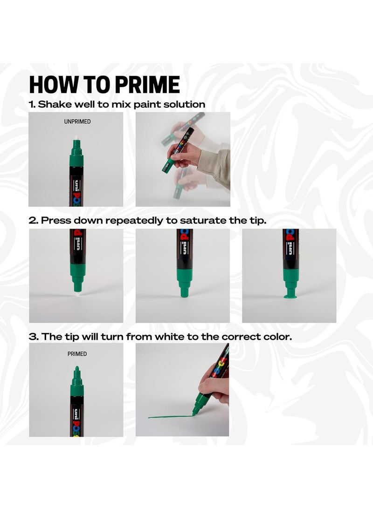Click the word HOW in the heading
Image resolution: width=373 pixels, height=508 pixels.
pos(51,85)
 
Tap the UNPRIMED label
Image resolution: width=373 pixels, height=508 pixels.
pos(77,122)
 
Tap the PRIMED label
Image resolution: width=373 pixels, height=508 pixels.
pos(77,354)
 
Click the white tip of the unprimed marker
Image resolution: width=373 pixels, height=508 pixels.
pos(76,139)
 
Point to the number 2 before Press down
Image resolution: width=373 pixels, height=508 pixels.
pos(33,221)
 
